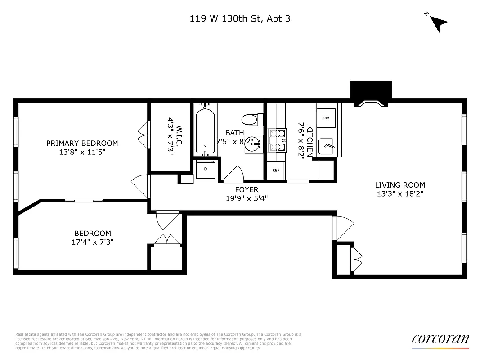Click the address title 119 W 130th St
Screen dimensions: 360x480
tap(240, 19)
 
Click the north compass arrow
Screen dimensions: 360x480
tap(438, 22)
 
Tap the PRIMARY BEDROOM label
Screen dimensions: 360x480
tap(82, 143)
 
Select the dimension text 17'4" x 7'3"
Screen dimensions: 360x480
tap(92, 242)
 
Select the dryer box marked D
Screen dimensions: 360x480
tap(206, 169)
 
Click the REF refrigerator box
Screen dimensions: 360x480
tap(276, 170)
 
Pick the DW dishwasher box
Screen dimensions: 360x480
tap(326, 118)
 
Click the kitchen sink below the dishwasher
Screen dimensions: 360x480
tap(326, 147)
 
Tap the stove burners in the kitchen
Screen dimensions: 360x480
tap(277, 139)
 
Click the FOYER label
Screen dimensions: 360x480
tap(247, 190)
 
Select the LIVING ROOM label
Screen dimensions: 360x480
tap(400, 185)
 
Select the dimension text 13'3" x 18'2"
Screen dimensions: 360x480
tap(400, 194)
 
